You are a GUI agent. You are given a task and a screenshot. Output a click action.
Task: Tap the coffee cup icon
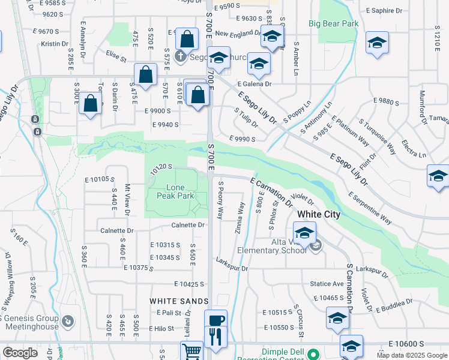216,320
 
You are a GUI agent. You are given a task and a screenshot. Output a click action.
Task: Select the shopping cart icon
192,351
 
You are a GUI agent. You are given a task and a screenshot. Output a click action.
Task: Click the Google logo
20,352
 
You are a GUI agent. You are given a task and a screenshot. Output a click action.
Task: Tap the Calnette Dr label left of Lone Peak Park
117,230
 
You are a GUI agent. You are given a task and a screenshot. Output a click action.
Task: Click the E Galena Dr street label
255,84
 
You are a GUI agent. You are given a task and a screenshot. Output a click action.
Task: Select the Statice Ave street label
327,284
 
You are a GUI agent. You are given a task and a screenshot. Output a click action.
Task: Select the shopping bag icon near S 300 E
90,103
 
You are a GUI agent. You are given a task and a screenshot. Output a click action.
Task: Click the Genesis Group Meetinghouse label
30,323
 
